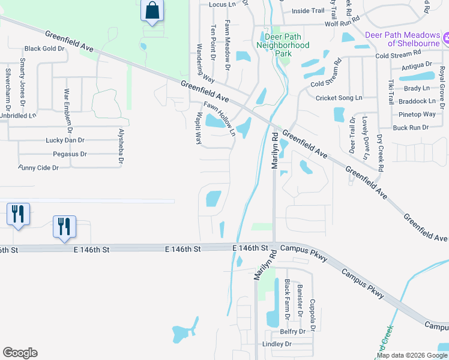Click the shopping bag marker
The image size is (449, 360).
[152, 11]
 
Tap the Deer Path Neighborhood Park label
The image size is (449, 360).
[283, 45]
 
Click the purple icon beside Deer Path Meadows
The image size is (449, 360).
[446, 40]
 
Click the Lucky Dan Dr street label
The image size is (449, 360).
[66, 140]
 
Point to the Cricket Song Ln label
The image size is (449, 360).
[339, 98]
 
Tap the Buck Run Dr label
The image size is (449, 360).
[411, 127]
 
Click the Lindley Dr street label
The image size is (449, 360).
[277, 344]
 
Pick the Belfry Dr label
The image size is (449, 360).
[293, 331]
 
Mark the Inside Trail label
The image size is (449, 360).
[307, 11]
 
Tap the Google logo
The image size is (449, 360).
[20, 353]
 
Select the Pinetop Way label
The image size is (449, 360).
[417, 114]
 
